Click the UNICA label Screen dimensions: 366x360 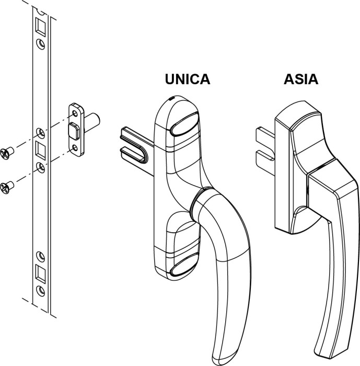point(187,79)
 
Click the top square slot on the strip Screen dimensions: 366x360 point(40,25)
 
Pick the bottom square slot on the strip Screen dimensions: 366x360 point(40,271)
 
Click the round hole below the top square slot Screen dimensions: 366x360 point(40,43)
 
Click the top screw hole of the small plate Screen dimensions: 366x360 point(76,111)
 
